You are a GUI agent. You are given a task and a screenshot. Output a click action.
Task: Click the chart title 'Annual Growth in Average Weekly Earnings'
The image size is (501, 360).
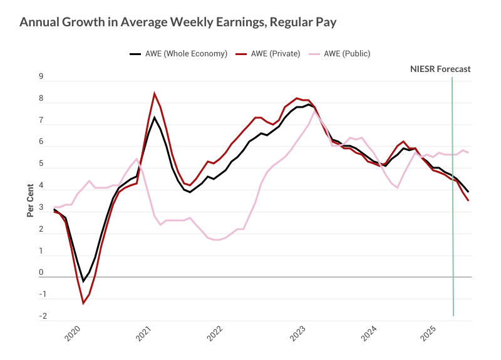(178, 23)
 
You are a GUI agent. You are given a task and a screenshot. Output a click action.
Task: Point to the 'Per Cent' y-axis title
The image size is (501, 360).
(29, 201)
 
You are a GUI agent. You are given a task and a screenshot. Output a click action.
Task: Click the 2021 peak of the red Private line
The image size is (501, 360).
(154, 93)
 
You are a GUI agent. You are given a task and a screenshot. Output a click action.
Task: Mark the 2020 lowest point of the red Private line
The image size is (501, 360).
(83, 304)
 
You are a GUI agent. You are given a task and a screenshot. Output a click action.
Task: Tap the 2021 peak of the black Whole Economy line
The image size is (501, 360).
(154, 117)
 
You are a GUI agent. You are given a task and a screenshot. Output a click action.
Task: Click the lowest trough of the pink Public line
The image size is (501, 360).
(217, 240)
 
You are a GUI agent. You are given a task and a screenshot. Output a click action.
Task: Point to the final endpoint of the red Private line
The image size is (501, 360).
(468, 200)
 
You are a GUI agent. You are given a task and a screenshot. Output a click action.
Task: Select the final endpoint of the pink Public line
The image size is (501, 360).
(468, 153)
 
